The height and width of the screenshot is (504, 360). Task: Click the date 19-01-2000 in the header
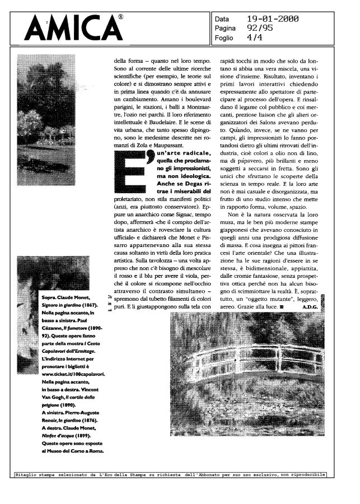tap(273, 19)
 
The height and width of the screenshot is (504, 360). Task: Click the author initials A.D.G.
tap(310, 307)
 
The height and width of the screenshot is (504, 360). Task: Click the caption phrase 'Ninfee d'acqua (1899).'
tap(71, 435)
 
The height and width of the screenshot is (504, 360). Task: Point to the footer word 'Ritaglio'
tap(26, 475)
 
